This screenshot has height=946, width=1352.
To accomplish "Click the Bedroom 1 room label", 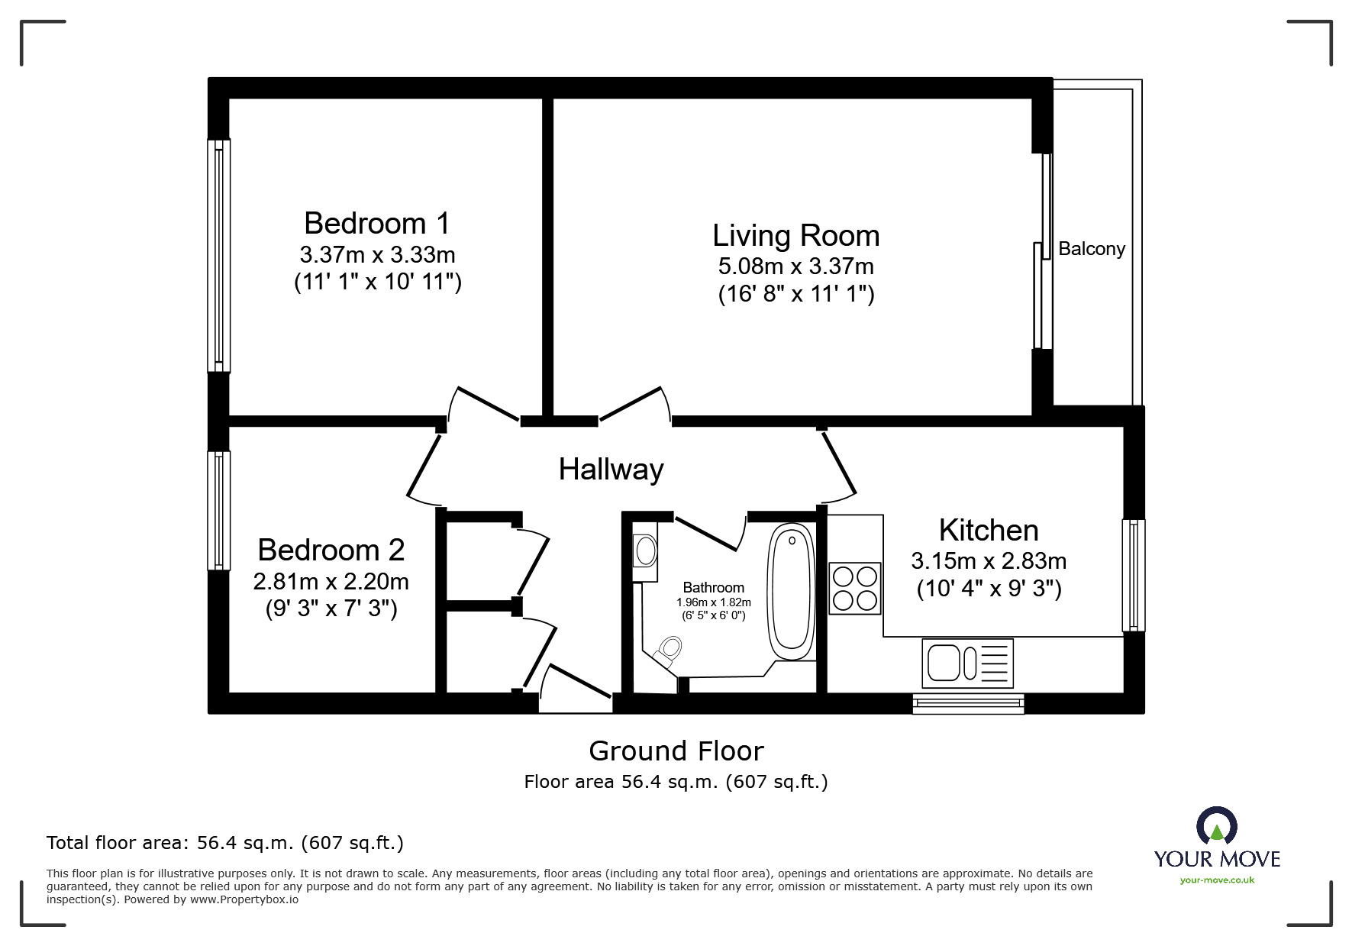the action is coord(377,223).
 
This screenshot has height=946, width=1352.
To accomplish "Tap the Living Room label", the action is coord(796,236).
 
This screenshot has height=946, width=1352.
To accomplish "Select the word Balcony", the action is coord(1092,249).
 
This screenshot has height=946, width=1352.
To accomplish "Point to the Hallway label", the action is coord(611,469).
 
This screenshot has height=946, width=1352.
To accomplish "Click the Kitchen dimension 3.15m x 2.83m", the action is coord(989,561).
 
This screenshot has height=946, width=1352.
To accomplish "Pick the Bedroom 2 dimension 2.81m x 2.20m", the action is coord(331,582).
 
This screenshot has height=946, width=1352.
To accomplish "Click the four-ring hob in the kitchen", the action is coord(855,587).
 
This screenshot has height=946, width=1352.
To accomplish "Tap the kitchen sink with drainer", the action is coord(968,663).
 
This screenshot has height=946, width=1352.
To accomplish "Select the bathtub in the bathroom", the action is coord(791,592).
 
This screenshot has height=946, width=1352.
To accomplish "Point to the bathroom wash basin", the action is coord(645,550).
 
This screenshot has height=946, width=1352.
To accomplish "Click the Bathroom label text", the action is coord(714,587).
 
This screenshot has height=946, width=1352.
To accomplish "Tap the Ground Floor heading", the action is coord(676,751).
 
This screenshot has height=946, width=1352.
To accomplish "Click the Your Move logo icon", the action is coord(1217,826).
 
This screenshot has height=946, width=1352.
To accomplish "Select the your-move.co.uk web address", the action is coord(1217,880).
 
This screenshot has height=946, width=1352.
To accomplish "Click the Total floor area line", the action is coord(225,843).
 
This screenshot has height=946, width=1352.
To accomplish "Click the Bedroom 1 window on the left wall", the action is coord(219,256).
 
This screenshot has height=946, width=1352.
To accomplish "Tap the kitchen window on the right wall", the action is coord(1134,576).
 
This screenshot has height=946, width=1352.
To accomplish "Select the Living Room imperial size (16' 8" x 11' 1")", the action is coord(796,294).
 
